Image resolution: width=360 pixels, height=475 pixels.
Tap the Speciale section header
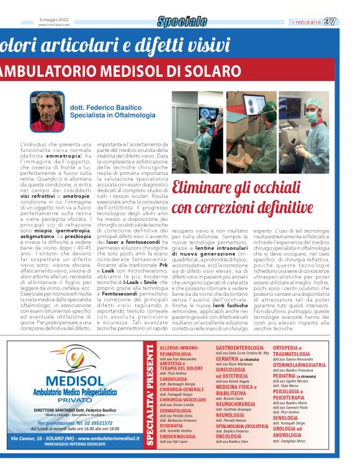(182, 22)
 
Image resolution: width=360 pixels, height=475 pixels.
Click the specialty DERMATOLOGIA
(176, 411)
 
